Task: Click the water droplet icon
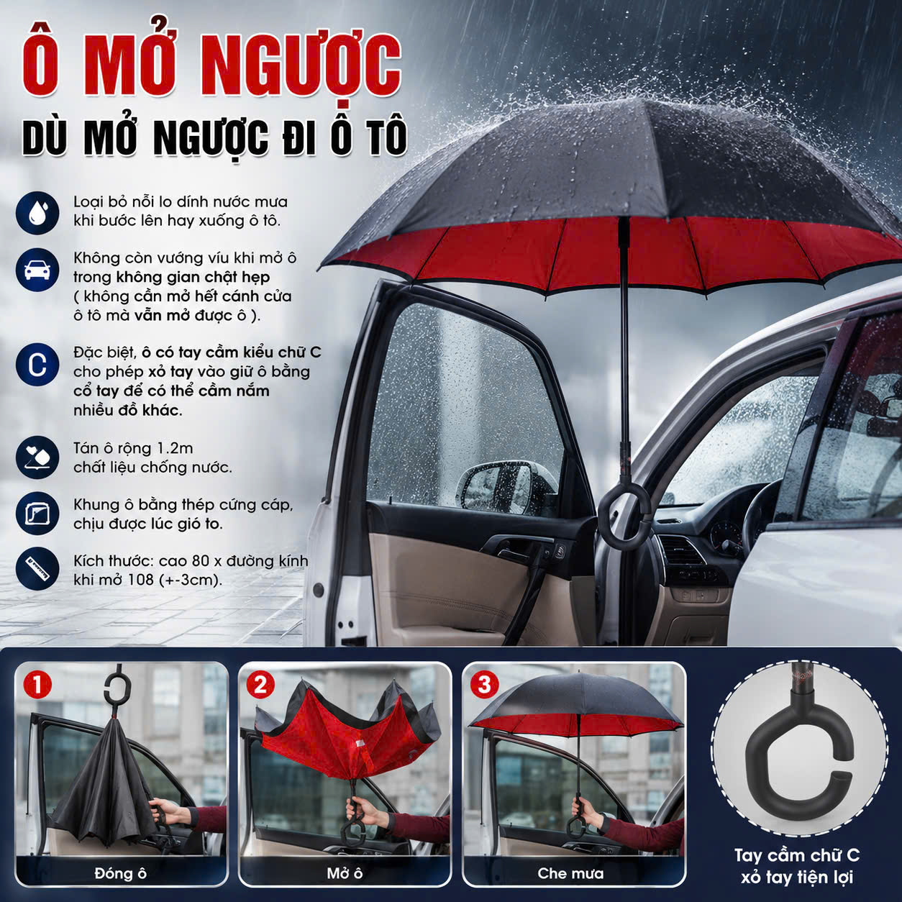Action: [37, 212]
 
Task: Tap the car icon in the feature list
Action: [37, 270]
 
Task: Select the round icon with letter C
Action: [37, 365]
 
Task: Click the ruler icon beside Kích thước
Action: [37, 569]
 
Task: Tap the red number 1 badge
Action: [37, 685]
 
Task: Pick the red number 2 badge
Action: [260, 685]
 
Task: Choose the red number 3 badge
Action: [485, 685]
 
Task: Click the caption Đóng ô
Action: [121, 873]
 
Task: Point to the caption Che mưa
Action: [570, 873]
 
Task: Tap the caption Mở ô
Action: [345, 873]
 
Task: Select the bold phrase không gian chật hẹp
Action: [193, 278]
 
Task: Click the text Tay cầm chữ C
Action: [797, 855]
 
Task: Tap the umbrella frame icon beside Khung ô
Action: [37, 514]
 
